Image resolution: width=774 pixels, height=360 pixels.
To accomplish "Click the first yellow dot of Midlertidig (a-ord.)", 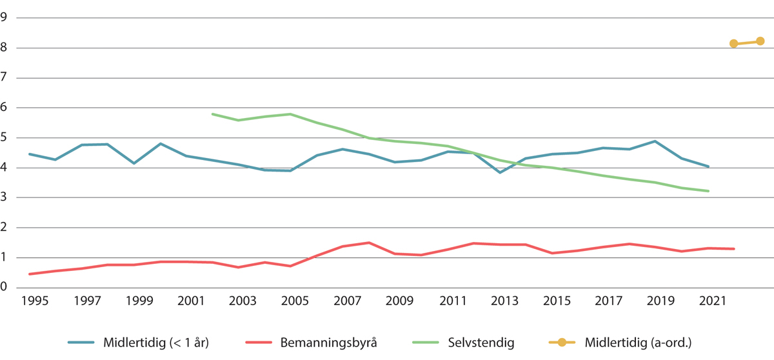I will coord(734,43).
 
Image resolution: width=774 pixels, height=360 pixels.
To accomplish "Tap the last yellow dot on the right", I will coord(760,41).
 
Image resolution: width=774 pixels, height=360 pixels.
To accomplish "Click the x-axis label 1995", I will coord(30,301).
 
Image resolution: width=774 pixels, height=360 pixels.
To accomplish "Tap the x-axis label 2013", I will coord(499,301).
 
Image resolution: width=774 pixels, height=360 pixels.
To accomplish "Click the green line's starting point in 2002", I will coord(212,114).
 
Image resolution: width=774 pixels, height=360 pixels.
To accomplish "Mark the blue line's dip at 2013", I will coord(499,172).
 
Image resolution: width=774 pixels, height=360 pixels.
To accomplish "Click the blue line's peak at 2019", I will coord(656,141).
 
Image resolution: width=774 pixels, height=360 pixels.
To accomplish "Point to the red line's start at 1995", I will coord(30,274).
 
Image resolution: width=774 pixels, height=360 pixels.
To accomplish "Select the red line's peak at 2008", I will coord(369,243).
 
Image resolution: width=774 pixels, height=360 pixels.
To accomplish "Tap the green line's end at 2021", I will coord(708,191).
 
